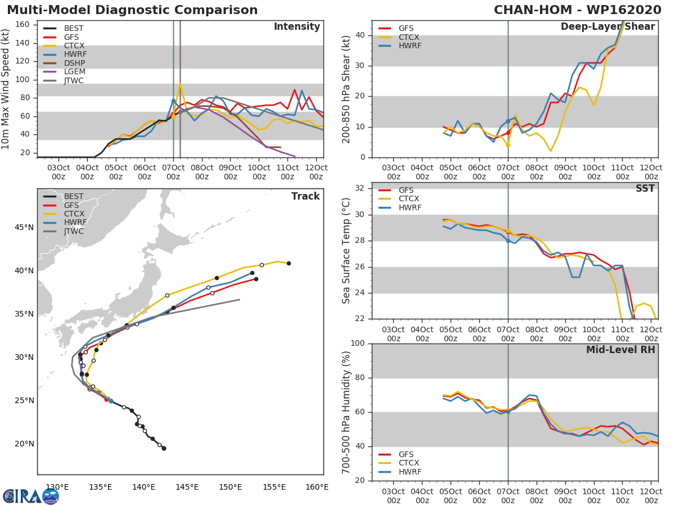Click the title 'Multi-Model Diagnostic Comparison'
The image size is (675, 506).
coord(132,10)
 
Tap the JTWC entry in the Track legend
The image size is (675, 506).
coord(74,232)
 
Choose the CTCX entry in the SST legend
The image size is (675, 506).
coord(409,199)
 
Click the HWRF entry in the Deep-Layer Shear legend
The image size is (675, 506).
coord(409,46)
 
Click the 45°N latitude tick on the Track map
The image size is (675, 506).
coord(24,228)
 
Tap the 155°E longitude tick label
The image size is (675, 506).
coord(274,487)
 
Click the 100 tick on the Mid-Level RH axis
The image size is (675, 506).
coord(356,344)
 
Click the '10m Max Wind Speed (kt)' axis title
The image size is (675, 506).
coord(6,90)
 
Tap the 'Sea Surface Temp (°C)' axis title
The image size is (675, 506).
coord(346,250)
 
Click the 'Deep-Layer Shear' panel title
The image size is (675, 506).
coord(607,27)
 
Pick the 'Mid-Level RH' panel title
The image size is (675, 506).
coord(620,350)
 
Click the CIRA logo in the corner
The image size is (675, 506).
coord(30,496)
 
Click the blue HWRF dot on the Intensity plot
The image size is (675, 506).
coord(173,101)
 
